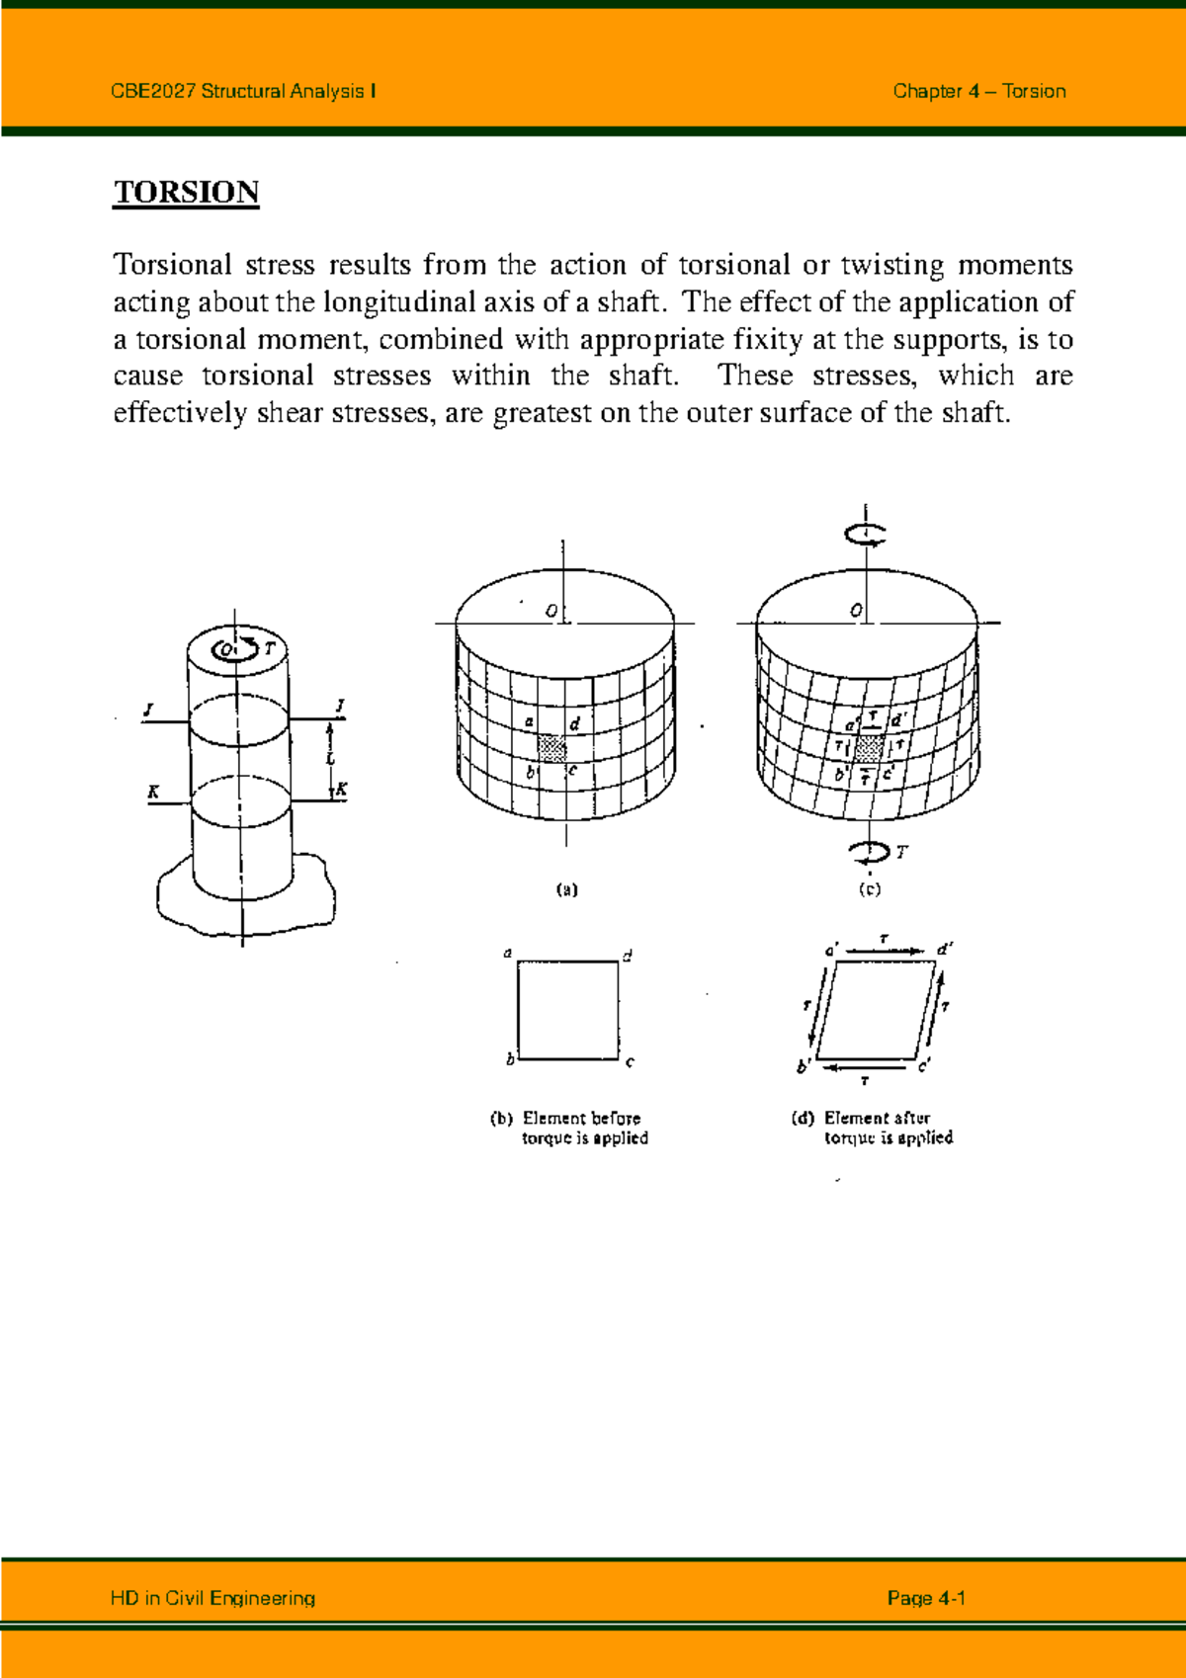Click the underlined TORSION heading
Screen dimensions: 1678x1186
(x=186, y=192)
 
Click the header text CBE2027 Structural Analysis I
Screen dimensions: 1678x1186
(x=243, y=92)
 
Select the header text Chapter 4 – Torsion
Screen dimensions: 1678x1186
(x=978, y=92)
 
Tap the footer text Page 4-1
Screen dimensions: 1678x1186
(x=925, y=1598)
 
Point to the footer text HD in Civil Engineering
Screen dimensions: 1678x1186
(x=212, y=1598)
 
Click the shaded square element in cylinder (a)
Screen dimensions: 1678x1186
(x=552, y=747)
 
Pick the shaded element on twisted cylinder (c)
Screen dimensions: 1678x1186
(x=870, y=748)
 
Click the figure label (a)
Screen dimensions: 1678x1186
(x=566, y=889)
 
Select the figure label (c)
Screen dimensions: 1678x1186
(x=869, y=889)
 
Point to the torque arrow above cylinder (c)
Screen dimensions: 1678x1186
(x=865, y=535)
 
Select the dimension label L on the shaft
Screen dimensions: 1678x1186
(x=331, y=759)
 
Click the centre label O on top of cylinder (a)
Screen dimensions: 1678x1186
(x=551, y=612)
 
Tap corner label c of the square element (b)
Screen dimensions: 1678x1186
(x=630, y=1062)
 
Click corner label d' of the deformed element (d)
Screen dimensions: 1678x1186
(x=944, y=949)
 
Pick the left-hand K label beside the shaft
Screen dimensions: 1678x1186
(x=153, y=792)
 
